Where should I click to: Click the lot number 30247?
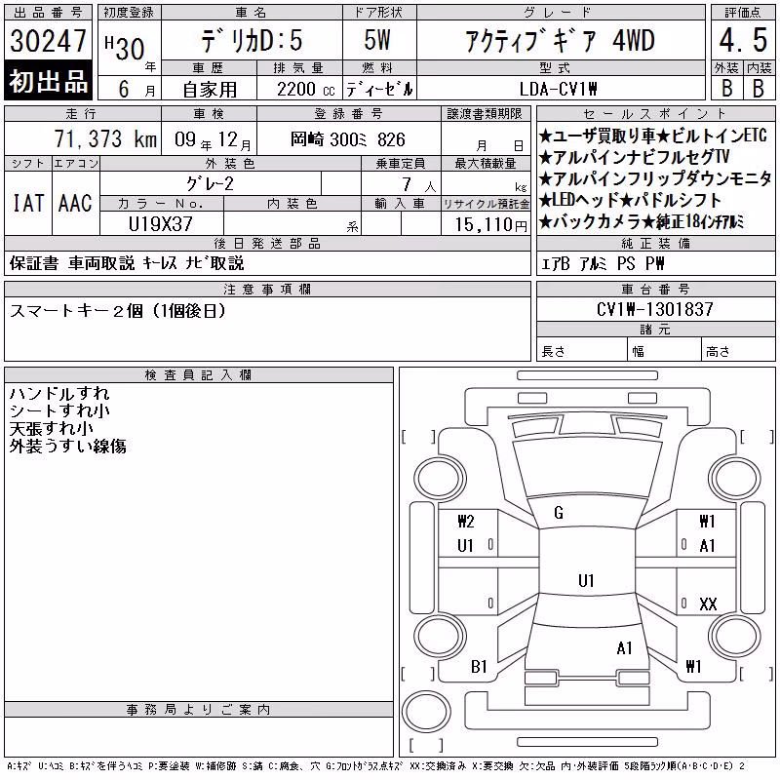pyautogui.click(x=48, y=41)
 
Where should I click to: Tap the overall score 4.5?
pyautogui.click(x=743, y=40)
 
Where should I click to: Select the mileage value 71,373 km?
pyautogui.click(x=105, y=138)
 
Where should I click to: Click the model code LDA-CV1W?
pyautogui.click(x=558, y=89)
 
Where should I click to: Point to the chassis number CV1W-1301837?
pyautogui.click(x=654, y=309)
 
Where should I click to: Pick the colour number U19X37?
pyautogui.click(x=161, y=224)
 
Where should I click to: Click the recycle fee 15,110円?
pyautogui.click(x=491, y=225)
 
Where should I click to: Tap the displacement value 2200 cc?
pyautogui.click(x=306, y=90)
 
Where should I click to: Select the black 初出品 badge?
pyautogui.click(x=48, y=80)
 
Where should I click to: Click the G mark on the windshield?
pyautogui.click(x=559, y=513)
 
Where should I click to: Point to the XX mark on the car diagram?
pyautogui.click(x=708, y=604)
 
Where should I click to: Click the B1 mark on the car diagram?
pyautogui.click(x=479, y=666)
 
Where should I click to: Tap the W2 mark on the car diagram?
pyautogui.click(x=466, y=522)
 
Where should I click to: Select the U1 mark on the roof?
pyautogui.click(x=586, y=580)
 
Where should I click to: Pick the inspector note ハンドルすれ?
pyautogui.click(x=59, y=394)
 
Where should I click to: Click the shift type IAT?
pyautogui.click(x=28, y=203)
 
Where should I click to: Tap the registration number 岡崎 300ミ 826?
pyautogui.click(x=348, y=139)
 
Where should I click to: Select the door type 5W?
pyautogui.click(x=377, y=40)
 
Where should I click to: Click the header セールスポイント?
pyautogui.click(x=655, y=114)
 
